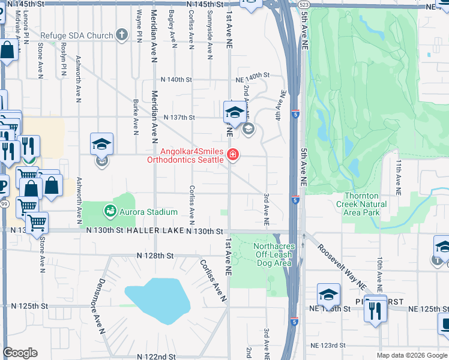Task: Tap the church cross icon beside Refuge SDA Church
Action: tap(122, 35)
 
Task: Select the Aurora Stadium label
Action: tap(148, 212)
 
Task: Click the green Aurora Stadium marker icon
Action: tap(110, 211)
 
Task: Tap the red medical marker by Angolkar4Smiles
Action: tap(232, 156)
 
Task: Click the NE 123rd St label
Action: tap(328, 346)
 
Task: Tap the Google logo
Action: tap(20, 353)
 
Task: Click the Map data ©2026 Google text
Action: tap(412, 355)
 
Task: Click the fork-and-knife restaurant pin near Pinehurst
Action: tap(375, 310)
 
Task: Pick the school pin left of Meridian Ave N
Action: tap(102, 144)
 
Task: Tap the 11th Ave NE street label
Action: tap(398, 178)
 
